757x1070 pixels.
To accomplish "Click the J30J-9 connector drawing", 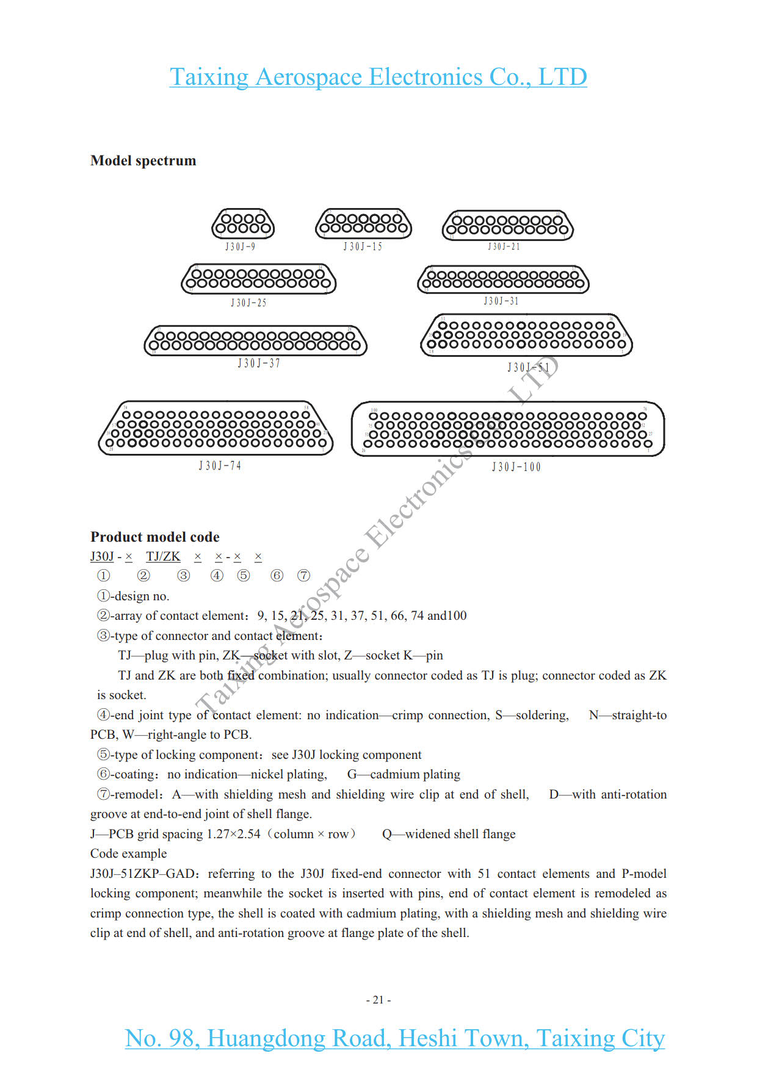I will point(243,224).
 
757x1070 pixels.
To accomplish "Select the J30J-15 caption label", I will point(363,246).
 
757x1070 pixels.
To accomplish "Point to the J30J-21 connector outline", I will point(507,225).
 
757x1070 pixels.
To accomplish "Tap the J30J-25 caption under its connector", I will point(248,303).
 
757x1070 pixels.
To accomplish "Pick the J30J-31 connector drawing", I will point(503,279).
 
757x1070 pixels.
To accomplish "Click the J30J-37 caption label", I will point(259,364).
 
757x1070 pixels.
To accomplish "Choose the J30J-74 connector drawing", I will point(216,428).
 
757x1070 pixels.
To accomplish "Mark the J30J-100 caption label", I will point(516,467).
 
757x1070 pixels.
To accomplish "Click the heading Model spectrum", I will point(143,160).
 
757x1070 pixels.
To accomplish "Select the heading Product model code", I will point(155,537).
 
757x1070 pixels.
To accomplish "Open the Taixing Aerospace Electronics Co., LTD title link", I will point(378,77).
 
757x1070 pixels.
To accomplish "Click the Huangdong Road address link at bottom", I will point(395,1038).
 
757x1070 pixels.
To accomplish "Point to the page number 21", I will point(378,1000).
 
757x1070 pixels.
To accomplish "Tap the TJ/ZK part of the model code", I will point(163,556).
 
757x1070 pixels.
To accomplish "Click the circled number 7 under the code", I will point(303,575).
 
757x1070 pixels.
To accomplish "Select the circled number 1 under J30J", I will point(104,575).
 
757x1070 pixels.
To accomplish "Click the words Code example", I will point(129,853).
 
